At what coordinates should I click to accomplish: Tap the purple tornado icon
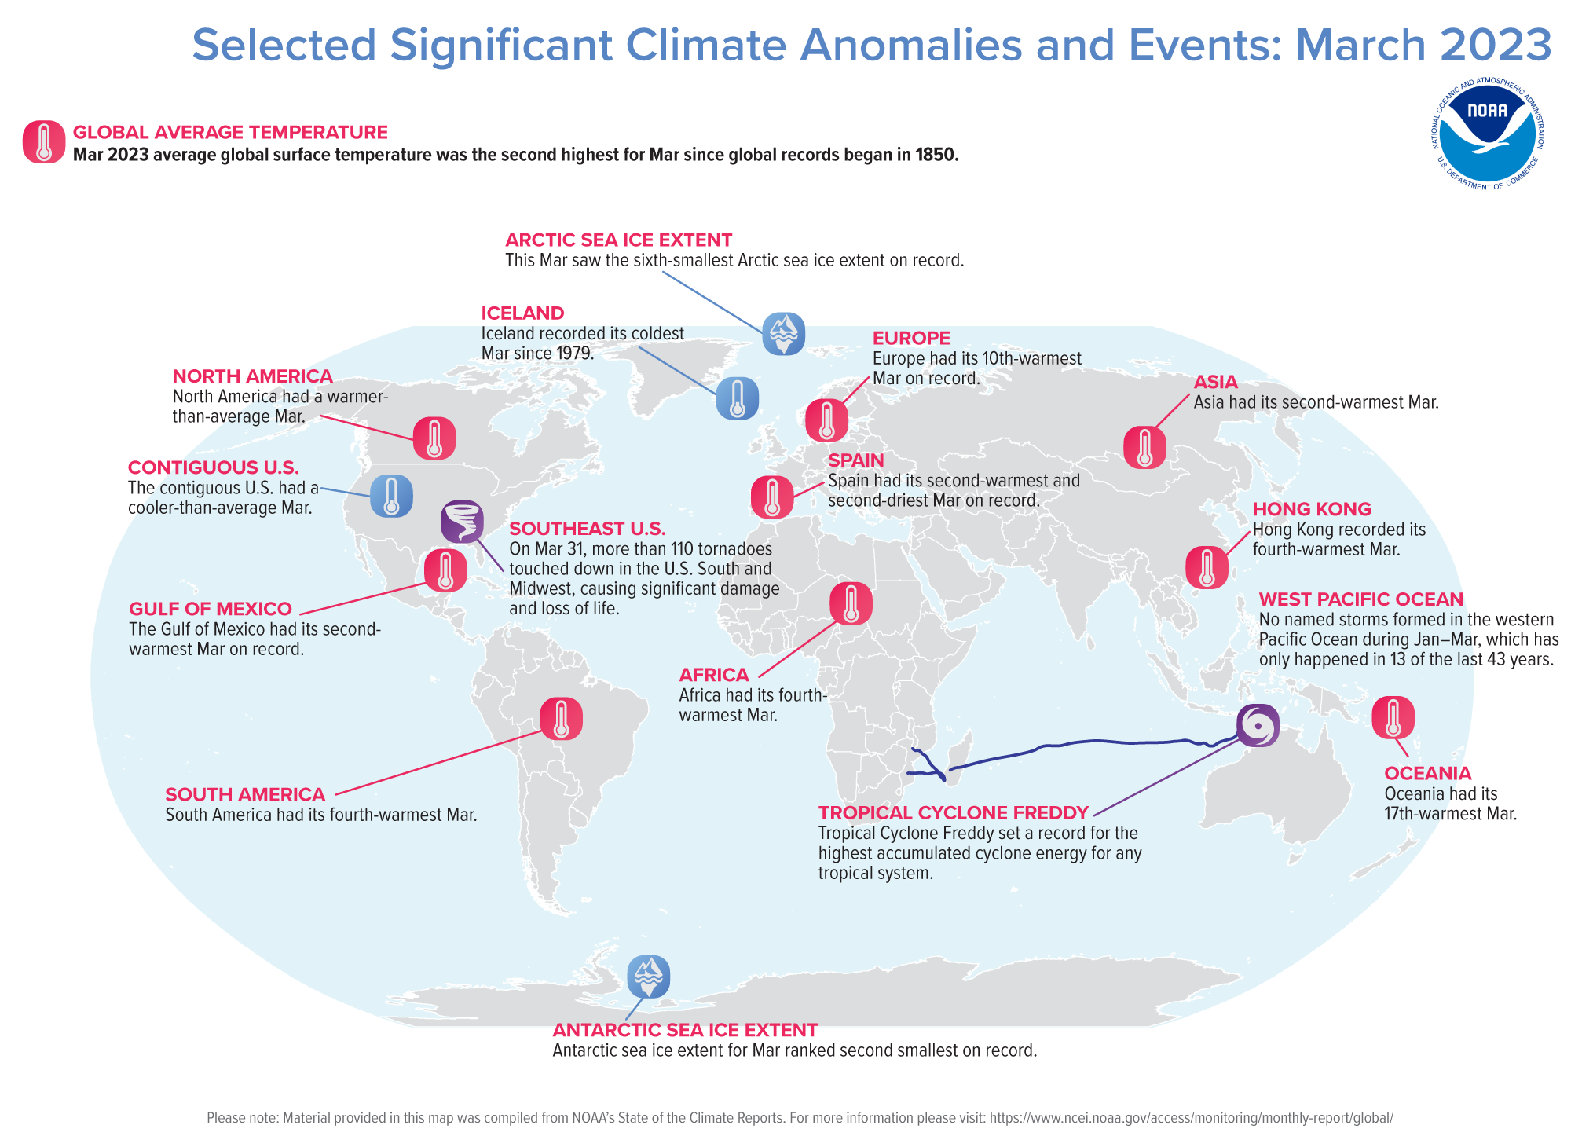click(x=462, y=522)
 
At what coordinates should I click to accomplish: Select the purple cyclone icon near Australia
click(x=1258, y=725)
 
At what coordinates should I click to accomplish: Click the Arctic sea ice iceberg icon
click(x=783, y=333)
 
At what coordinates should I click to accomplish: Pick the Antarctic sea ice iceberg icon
click(x=648, y=977)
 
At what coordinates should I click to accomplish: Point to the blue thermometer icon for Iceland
click(x=737, y=398)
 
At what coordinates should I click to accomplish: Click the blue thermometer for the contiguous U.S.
click(x=391, y=496)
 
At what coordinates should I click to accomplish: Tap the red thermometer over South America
click(x=561, y=718)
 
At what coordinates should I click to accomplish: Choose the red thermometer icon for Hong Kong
click(x=1207, y=567)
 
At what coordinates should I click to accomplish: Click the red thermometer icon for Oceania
click(x=1393, y=717)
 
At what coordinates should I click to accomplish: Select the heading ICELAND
click(x=522, y=313)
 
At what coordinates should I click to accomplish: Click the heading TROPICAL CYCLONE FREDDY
click(x=954, y=812)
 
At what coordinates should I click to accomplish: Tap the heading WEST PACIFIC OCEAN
click(x=1360, y=599)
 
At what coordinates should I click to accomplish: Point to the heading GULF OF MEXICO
click(x=211, y=609)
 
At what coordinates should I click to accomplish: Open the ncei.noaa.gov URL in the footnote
click(x=1191, y=1118)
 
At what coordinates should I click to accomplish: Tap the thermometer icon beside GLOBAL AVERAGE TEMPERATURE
click(x=44, y=142)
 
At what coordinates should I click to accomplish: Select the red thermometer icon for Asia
click(x=1144, y=448)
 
